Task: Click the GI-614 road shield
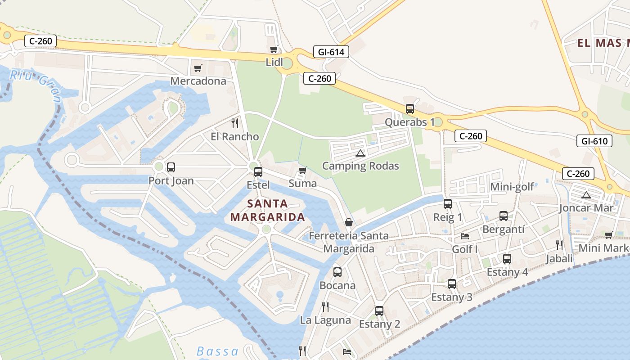tap(331, 52)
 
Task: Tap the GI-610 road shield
tap(594, 141)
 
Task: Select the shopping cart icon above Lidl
tap(274, 49)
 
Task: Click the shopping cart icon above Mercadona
tap(198, 68)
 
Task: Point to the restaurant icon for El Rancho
tap(234, 123)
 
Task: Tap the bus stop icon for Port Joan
tap(171, 167)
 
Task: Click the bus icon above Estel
tap(258, 171)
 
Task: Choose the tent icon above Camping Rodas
tap(360, 153)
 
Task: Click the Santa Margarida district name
tap(268, 210)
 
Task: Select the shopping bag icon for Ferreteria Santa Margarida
tap(348, 222)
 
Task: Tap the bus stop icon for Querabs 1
tap(410, 108)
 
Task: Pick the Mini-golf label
tap(512, 187)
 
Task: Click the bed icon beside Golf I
tap(465, 236)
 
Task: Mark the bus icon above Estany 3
tap(452, 284)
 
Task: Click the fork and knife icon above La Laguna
tap(325, 307)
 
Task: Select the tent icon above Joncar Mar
tap(586, 195)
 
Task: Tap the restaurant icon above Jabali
tap(559, 245)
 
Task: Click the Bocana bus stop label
tap(337, 285)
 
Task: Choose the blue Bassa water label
tap(218, 351)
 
